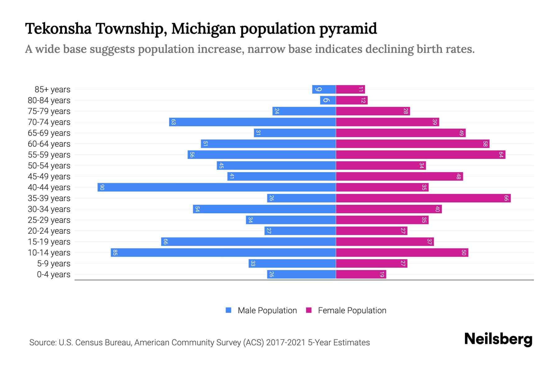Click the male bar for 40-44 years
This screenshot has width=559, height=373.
point(216,187)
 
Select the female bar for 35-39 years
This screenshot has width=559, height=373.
point(423,198)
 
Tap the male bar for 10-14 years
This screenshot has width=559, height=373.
point(223,253)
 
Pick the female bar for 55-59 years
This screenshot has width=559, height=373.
point(420,155)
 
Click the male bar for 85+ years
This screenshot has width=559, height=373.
point(324,90)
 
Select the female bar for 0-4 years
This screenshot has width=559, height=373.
point(361,274)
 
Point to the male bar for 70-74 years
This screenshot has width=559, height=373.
point(252,122)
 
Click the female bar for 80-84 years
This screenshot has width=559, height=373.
point(352,100)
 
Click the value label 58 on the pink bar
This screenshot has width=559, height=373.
point(485,144)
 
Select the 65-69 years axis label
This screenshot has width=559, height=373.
point(49,133)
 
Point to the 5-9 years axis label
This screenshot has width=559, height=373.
point(53,264)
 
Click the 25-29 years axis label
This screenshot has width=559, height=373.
point(49,220)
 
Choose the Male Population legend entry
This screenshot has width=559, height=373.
point(261,311)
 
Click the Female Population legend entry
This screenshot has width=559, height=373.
point(346,311)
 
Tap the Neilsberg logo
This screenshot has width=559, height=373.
point(498,339)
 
